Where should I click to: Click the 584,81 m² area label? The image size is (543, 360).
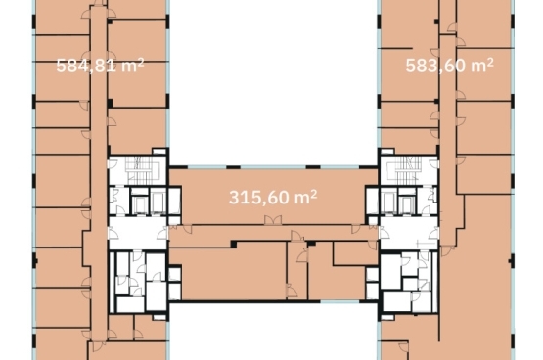point(100,66)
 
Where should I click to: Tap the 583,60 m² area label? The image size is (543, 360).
point(449,66)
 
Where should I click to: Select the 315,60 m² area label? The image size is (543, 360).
point(273,198)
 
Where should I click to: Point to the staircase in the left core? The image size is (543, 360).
point(141,170)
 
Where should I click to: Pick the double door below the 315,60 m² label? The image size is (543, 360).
point(273,220)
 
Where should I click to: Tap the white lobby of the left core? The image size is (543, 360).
point(138,233)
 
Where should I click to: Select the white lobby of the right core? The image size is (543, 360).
point(409,233)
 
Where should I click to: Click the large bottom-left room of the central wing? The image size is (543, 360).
point(234,271)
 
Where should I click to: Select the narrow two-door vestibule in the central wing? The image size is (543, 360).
point(296,270)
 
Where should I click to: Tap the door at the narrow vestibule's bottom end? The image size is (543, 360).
point(292,291)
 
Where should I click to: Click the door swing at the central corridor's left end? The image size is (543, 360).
point(187,229)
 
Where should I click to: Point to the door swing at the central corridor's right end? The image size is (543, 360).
point(356,229)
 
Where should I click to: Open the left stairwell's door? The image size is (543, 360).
point(113,163)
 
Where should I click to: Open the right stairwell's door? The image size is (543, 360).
point(434,163)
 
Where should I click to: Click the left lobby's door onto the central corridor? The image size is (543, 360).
point(162,234)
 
